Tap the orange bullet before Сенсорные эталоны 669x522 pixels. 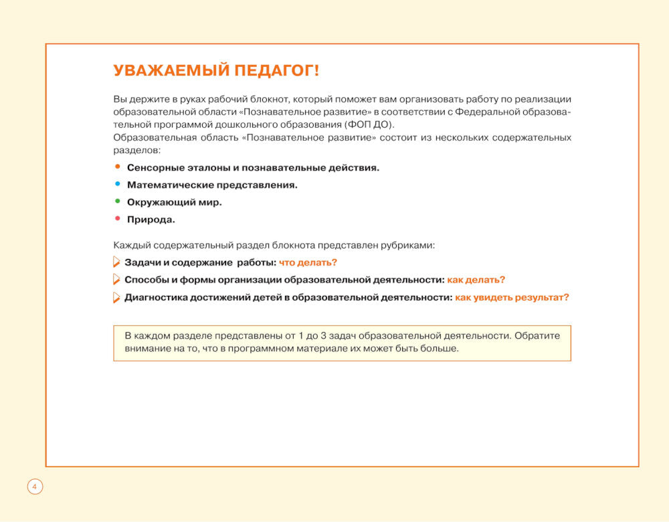[x=118, y=167]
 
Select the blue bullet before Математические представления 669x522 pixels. [x=118, y=184]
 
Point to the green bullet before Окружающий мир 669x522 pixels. [x=118, y=201]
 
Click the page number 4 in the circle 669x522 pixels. [x=35, y=487]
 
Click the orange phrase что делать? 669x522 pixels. [x=308, y=263]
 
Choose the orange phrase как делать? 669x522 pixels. [x=476, y=280]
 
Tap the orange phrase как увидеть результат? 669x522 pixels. [x=512, y=297]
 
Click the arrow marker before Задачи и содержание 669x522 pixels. [x=117, y=262]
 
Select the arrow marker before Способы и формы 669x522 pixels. [x=117, y=280]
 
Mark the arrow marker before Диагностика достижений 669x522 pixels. [x=117, y=297]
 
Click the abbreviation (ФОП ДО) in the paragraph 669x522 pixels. [x=369, y=124]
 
